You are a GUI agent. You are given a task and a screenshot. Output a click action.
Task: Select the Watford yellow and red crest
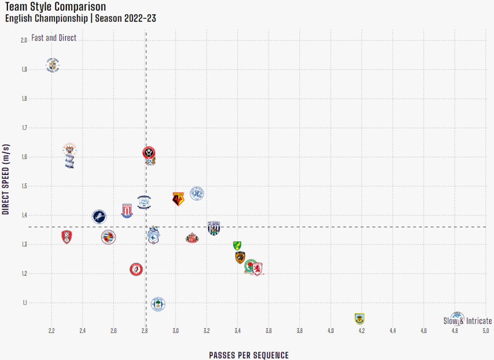tap(179, 199)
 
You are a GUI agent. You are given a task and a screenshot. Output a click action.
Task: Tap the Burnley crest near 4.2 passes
tap(359, 318)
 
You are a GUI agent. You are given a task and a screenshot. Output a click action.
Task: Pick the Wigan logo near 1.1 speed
tap(158, 304)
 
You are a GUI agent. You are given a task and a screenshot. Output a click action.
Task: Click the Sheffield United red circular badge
tap(150, 152)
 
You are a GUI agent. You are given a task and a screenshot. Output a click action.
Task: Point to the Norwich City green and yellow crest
tap(237, 245)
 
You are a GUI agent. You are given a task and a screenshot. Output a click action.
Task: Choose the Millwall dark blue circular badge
tap(99, 216)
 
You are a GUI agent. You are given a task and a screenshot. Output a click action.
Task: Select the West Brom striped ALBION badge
tap(214, 228)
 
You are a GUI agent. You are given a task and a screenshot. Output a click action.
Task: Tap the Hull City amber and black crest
tap(240, 258)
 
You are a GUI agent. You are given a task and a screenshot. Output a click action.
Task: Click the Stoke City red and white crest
tap(127, 210)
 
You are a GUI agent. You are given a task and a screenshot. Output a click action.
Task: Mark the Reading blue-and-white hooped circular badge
tap(108, 237)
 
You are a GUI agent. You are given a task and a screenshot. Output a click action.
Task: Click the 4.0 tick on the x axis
tap(331, 331)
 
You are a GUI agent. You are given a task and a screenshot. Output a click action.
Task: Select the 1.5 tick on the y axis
tap(24, 186)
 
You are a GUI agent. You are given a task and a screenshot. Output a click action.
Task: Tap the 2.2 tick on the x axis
tap(52, 331)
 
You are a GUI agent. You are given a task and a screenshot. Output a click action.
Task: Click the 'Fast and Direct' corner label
tap(54, 38)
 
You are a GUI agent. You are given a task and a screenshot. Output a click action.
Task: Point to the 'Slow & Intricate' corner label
tap(468, 321)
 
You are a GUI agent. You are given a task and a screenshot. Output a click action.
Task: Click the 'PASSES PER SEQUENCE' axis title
tap(249, 355)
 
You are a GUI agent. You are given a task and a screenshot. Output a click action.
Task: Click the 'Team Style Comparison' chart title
tap(55, 7)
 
